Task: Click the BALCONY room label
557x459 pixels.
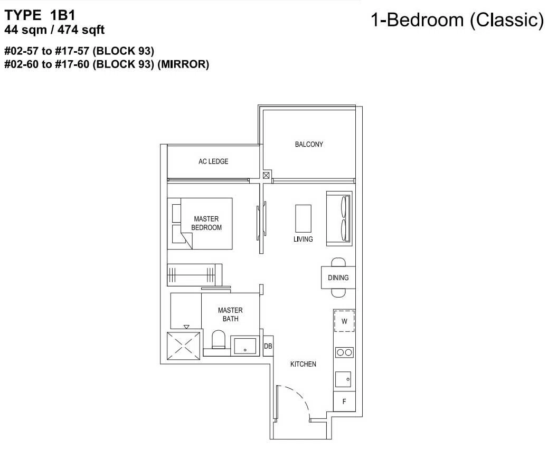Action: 309,145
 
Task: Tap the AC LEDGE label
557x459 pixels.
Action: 213,161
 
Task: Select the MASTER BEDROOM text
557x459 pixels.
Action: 206,223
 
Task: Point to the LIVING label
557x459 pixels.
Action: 303,240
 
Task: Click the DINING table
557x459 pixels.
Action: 338,278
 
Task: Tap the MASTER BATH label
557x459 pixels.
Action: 230,314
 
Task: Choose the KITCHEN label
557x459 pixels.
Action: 303,364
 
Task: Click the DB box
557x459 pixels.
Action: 268,346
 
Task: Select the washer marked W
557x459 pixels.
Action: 344,321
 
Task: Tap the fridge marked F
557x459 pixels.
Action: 344,401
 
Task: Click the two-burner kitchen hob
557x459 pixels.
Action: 344,352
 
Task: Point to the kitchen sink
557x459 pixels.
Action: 343,379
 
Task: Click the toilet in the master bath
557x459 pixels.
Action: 219,340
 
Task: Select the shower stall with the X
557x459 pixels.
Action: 183,346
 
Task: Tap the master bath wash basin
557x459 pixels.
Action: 245,346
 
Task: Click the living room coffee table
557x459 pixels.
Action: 304,218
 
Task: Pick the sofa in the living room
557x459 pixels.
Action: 339,218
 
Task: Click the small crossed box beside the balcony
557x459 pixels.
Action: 266,175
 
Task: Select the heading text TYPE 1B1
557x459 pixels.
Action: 40,15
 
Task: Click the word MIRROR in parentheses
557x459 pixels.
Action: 183,64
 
